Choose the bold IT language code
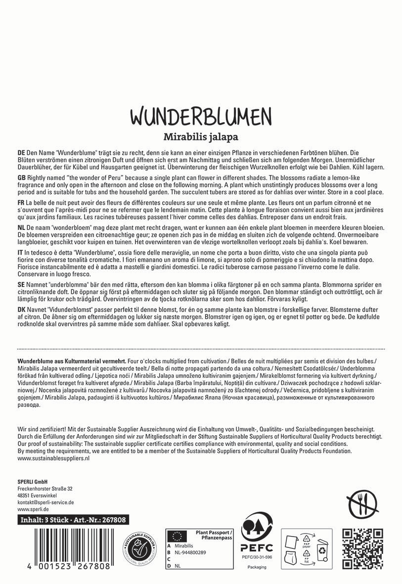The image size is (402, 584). coord(21,253)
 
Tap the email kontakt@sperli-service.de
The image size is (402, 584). coord(46,502)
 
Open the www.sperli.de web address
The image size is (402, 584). coord(33,509)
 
